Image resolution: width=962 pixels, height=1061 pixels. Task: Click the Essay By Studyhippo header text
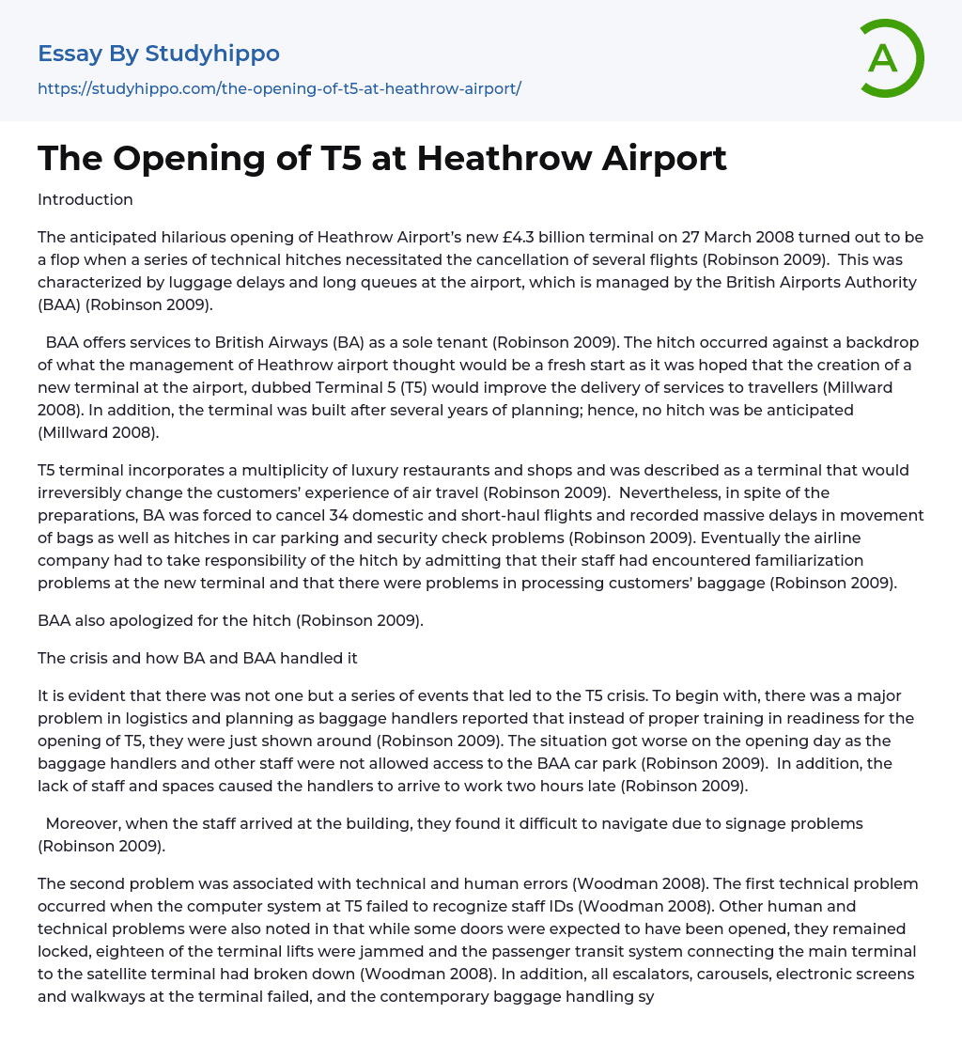point(159,54)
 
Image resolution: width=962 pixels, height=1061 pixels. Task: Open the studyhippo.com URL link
point(279,88)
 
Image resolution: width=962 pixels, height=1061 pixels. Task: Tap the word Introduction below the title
point(85,199)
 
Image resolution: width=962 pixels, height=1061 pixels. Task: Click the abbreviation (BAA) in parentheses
point(59,305)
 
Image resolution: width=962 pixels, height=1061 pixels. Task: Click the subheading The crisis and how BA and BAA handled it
point(197,658)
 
